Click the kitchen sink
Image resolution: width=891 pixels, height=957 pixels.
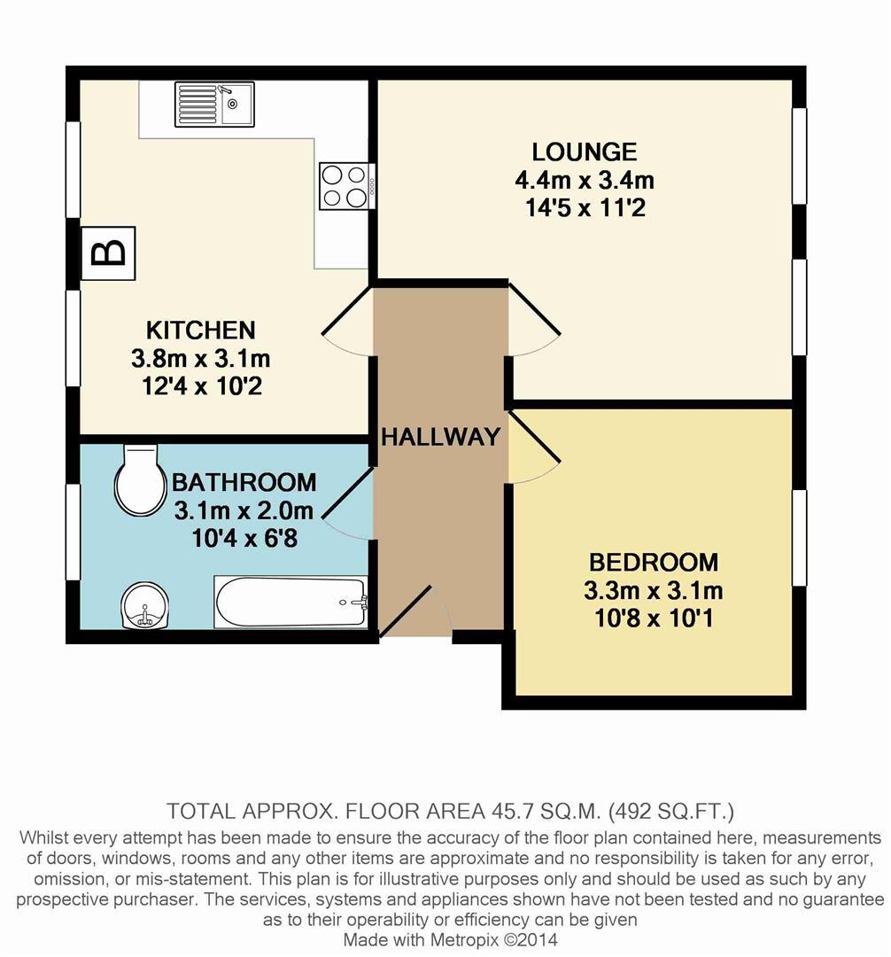pos(214,104)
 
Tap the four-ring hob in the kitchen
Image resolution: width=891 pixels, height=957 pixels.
pos(344,186)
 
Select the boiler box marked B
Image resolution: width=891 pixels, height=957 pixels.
pos(108,253)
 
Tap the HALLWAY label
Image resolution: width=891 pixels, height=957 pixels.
pos(440,437)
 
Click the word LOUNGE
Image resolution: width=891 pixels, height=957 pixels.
pos(584,152)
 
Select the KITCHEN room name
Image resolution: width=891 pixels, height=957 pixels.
pos(200,331)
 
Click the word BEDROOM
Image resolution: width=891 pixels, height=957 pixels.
pos(654,562)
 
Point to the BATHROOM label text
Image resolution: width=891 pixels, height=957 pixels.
pos(244,483)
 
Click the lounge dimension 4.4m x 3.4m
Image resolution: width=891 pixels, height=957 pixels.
pos(584,181)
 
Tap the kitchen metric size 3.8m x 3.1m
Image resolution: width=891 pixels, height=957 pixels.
pos(200,359)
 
